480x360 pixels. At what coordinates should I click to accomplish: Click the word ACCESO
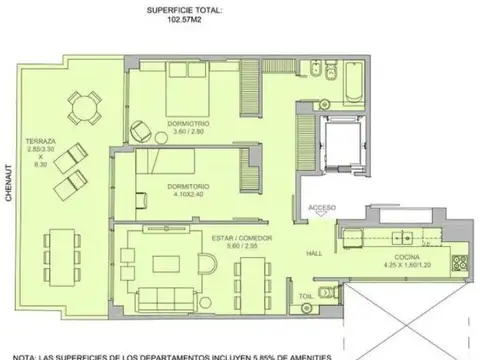click(324, 208)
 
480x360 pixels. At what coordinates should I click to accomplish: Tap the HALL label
click(314, 252)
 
